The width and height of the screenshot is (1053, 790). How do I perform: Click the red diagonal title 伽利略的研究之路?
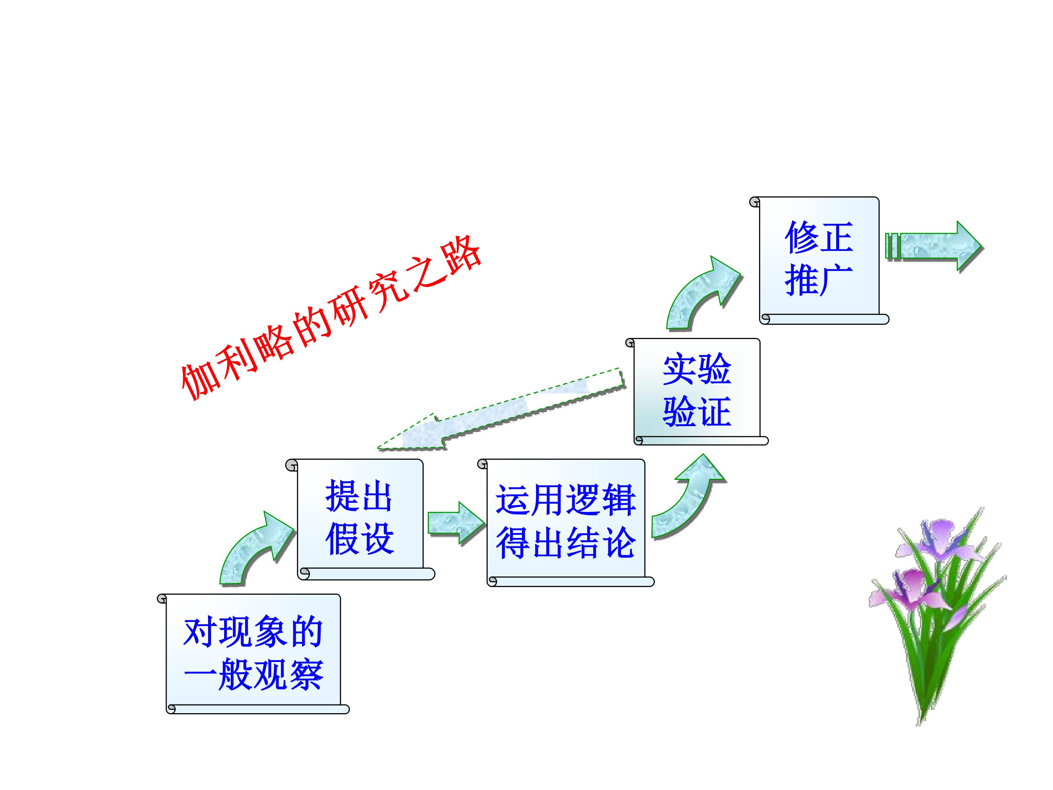(331, 318)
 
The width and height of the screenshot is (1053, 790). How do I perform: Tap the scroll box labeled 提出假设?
(360, 519)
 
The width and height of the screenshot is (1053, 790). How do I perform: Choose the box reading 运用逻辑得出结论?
(566, 522)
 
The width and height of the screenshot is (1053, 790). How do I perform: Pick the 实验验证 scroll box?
(697, 391)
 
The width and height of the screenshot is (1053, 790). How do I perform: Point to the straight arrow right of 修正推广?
(934, 246)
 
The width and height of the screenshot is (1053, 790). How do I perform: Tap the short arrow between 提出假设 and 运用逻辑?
(456, 522)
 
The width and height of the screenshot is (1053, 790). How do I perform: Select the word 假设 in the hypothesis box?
(360, 539)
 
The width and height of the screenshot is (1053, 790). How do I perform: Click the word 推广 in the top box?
(819, 281)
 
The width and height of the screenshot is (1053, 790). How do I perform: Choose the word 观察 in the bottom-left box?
(288, 675)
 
